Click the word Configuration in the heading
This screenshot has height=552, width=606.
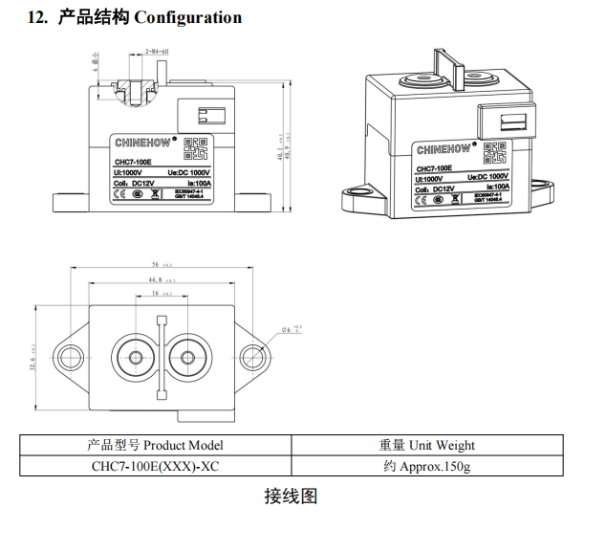pos(188,17)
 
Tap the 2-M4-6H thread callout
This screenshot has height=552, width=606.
pos(157,50)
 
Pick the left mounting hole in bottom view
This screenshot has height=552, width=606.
pos(70,357)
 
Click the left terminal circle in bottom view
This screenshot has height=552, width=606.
pos(131,357)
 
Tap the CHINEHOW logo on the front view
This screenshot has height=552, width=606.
pos(141,143)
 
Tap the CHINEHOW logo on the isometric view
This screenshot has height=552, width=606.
pos(444,149)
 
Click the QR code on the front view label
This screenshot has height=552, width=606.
pos(195,149)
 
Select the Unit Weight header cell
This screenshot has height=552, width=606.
pos(426,445)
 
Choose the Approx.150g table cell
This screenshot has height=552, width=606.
pos(426,466)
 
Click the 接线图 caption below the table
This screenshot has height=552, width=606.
pos(291,496)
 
